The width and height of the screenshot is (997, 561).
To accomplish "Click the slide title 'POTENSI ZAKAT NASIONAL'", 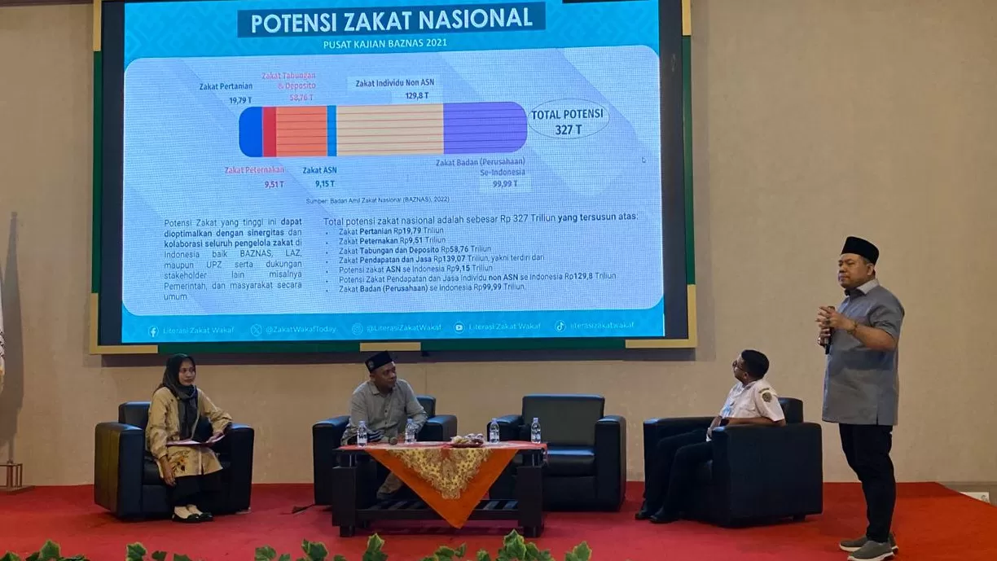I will [x=391, y=20].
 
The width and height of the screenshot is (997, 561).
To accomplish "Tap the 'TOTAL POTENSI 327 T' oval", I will [x=568, y=120].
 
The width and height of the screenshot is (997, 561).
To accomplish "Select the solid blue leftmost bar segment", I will [x=251, y=131].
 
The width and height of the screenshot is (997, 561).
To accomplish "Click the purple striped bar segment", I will [x=485, y=128].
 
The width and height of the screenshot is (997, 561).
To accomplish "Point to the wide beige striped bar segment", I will [x=389, y=129].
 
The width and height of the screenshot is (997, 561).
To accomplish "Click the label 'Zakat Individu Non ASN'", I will [x=395, y=83].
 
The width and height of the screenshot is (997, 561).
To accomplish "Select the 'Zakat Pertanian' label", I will [x=226, y=86].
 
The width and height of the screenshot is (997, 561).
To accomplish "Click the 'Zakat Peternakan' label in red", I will [x=254, y=170].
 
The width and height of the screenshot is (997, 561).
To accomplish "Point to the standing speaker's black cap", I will [x=859, y=248].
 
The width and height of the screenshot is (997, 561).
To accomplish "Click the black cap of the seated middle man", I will [x=379, y=360].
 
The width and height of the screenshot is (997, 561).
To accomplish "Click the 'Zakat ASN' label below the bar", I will [x=319, y=171].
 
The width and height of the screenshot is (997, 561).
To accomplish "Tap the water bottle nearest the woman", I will [x=362, y=433].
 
